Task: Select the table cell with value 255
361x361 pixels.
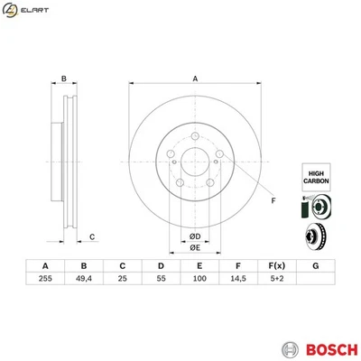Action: click(x=45, y=280)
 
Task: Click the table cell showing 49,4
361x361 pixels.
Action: click(x=84, y=280)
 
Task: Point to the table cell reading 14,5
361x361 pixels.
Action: click(x=236, y=280)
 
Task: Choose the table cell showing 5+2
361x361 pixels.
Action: click(x=276, y=280)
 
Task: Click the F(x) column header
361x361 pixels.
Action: click(x=276, y=264)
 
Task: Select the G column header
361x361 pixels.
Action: click(x=314, y=264)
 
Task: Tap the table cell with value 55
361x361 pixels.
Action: click(x=161, y=280)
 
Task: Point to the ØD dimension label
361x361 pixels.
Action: click(x=194, y=236)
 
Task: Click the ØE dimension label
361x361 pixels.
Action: click(x=194, y=248)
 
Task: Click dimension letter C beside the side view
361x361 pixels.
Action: click(x=92, y=236)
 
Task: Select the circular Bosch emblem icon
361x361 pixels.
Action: click(x=289, y=323)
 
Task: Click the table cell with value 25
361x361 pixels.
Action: click(x=122, y=280)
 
